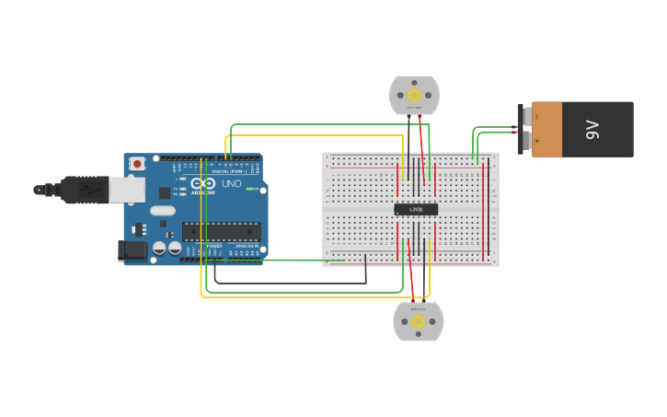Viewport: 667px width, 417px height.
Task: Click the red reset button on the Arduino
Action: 137,164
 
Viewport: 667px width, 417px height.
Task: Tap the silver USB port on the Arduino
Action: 127,190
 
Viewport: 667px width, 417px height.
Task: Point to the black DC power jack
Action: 132,249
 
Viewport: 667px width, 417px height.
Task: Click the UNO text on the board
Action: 232,183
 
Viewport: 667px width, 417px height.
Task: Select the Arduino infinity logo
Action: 203,183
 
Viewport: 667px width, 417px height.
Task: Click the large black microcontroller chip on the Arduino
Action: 221,231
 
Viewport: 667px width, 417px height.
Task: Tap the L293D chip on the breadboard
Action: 416,209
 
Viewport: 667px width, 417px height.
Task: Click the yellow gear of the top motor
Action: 414,95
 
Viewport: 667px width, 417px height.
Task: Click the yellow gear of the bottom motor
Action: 419,321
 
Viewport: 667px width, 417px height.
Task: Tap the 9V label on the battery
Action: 593,129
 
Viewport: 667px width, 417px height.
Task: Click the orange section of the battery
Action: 547,129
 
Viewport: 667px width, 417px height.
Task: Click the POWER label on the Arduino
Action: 213,247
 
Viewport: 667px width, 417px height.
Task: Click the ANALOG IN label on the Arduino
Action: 246,247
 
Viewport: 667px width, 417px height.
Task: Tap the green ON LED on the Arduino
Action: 248,189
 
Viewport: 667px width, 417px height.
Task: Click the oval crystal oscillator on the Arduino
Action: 163,211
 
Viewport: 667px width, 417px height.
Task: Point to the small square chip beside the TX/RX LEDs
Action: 165,192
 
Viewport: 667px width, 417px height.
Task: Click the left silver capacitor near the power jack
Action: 159,248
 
